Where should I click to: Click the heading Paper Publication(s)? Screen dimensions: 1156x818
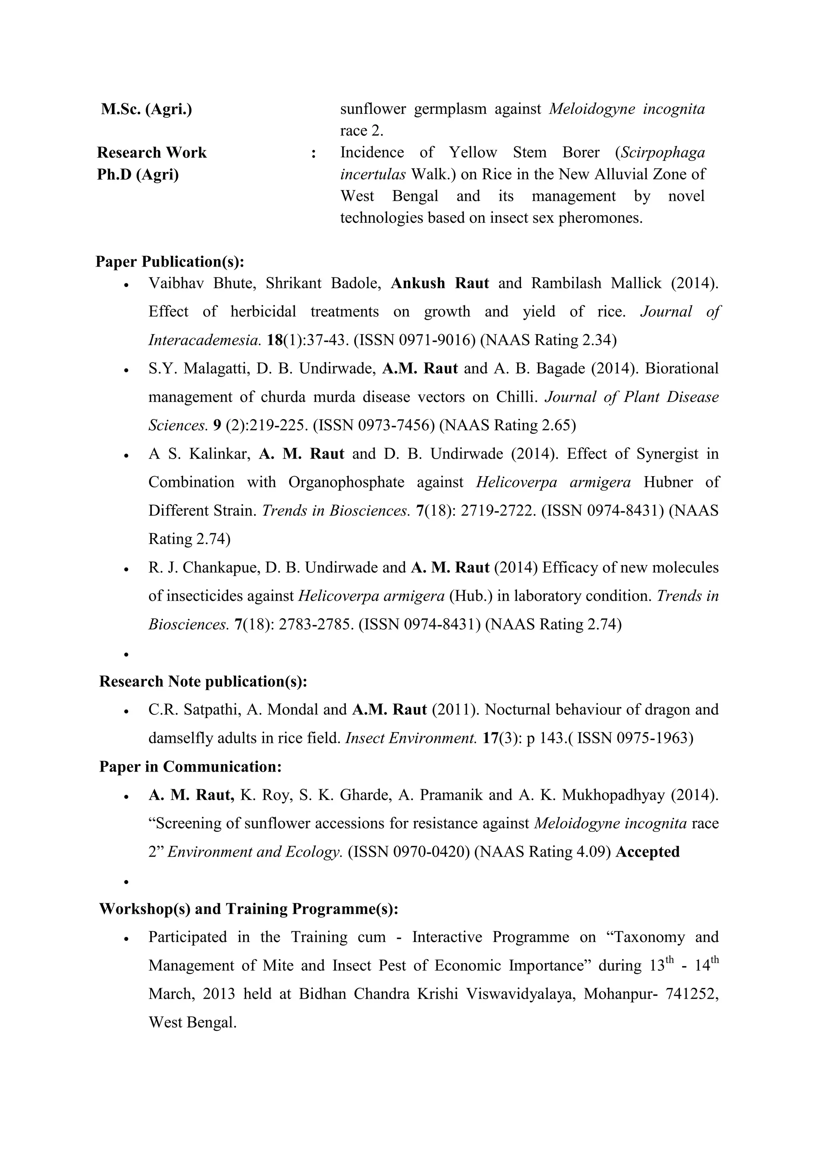(x=170, y=262)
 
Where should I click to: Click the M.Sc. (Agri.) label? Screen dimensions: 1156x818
(x=146, y=109)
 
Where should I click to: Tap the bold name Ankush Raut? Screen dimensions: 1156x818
(x=440, y=283)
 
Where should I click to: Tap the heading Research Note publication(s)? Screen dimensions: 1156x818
(x=203, y=682)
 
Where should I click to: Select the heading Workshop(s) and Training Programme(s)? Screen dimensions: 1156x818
(x=249, y=909)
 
